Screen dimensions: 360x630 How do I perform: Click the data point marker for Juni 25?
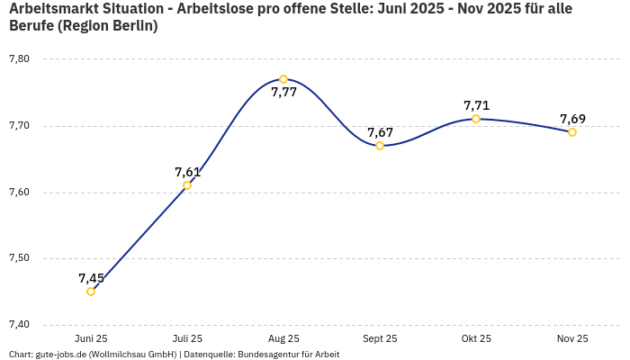click(91, 292)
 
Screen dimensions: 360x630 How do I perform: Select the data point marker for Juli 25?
click(187, 185)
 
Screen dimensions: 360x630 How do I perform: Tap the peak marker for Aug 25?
click(283, 79)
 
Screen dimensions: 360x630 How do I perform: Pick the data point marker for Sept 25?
click(380, 146)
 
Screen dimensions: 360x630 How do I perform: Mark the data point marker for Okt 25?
click(476, 119)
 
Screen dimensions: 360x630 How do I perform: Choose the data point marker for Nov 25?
click(572, 132)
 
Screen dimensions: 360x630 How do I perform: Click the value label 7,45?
click(91, 278)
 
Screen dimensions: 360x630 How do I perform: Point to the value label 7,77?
click(283, 93)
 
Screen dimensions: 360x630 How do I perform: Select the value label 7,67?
click(380, 132)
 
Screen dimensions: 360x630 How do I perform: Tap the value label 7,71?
click(476, 105)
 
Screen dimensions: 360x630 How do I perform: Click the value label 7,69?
click(572, 119)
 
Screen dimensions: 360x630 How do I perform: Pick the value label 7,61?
click(187, 172)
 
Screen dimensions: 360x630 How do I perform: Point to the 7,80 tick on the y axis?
click(19, 59)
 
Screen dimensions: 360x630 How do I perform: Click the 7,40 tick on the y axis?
click(19, 325)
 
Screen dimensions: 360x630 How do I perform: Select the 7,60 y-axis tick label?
click(19, 192)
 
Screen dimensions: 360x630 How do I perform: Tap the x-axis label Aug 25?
click(283, 338)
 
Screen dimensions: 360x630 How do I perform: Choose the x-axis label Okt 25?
click(476, 338)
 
